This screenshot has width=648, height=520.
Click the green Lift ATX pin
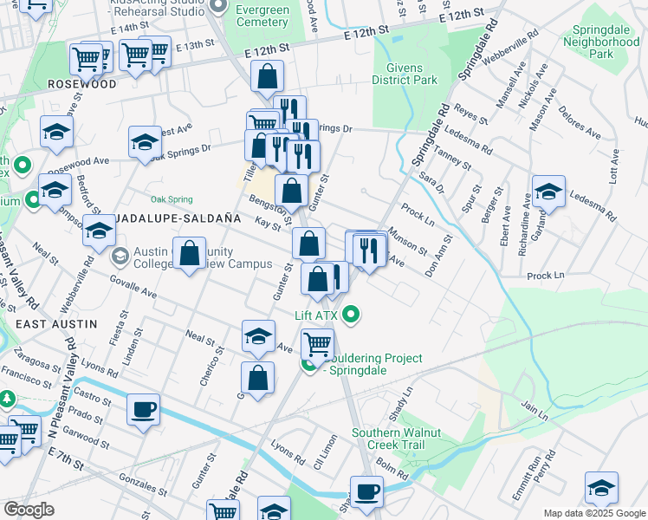pyautogui.click(x=351, y=314)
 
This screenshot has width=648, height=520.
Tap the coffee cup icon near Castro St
pyautogui.click(x=143, y=409)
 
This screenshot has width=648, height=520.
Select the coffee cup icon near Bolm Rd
pyautogui.click(x=366, y=492)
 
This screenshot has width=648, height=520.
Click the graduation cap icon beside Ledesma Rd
pyautogui.click(x=548, y=192)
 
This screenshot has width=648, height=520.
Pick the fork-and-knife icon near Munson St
pyautogui.click(x=372, y=250)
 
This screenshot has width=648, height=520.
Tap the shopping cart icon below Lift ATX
pyautogui.click(x=317, y=344)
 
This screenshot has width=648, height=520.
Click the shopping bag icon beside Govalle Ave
pyautogui.click(x=189, y=255)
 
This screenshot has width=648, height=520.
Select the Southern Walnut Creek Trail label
pyautogui.click(x=396, y=439)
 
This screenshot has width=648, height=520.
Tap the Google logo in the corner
pyautogui.click(x=29, y=510)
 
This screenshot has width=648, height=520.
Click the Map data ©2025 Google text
pyautogui.click(x=593, y=513)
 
